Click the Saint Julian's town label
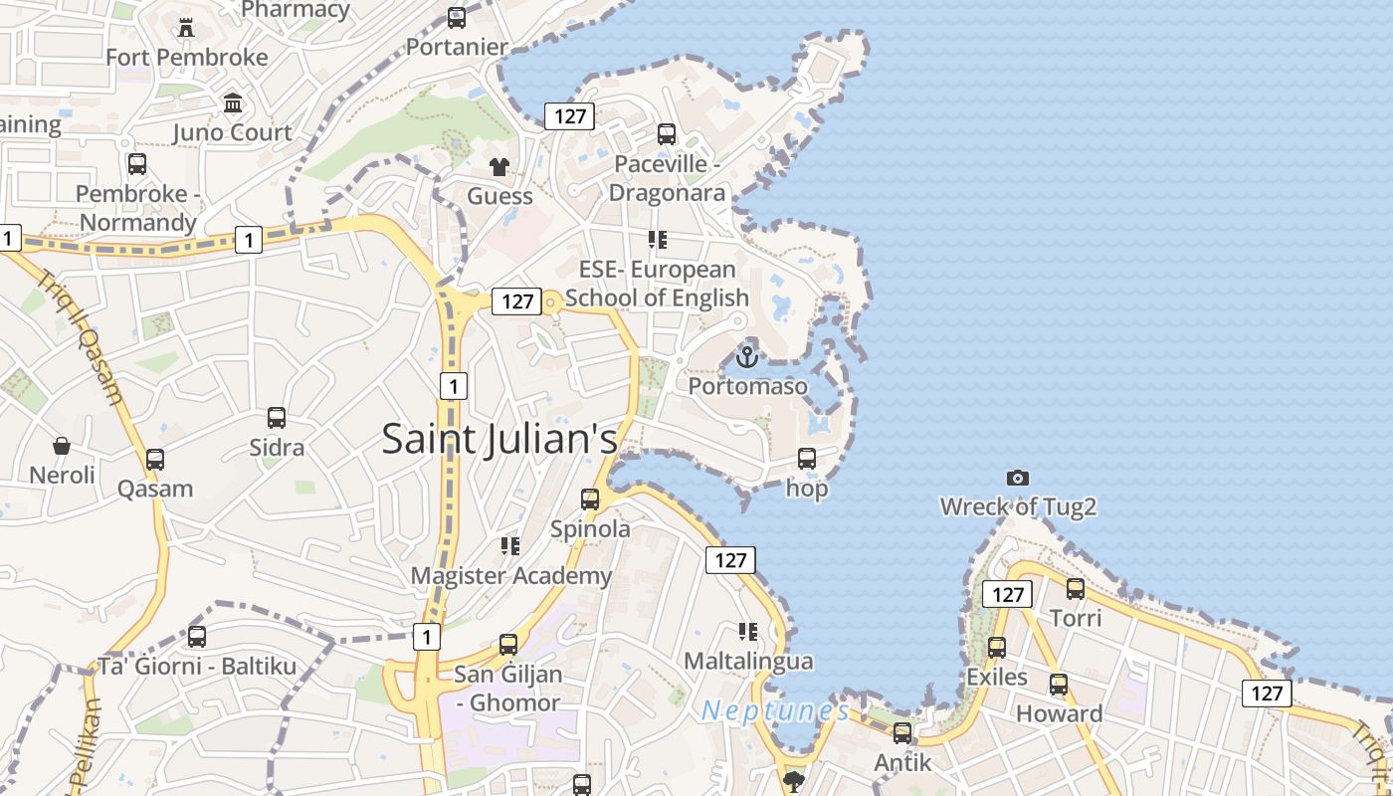coord(499,439)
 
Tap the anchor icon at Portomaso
coord(746,355)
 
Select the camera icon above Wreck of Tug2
coord(1017,478)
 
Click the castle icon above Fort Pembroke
coord(186,27)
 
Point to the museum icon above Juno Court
coord(233,102)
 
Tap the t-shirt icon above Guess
coord(498,166)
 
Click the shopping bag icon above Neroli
coord(62,445)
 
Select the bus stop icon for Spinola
coord(590,498)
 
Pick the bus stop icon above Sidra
coord(277,418)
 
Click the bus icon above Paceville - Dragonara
coord(667,133)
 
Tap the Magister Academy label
coord(511,576)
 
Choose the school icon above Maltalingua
coord(748,631)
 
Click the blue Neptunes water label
coord(775,710)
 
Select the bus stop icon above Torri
coord(1076,588)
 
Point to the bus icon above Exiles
coord(997,647)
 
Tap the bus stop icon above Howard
coord(1059,684)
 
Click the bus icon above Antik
coord(902,732)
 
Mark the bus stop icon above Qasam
coord(155,459)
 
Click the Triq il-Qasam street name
coord(84,337)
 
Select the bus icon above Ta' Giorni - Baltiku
coord(197,636)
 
